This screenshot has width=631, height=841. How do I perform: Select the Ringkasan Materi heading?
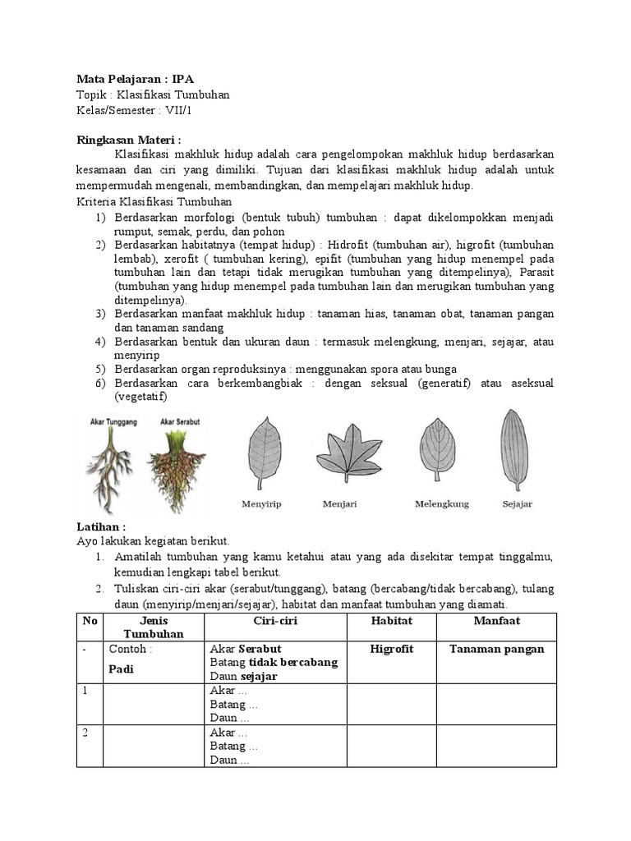(x=128, y=139)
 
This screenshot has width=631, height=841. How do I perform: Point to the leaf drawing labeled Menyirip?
(x=260, y=452)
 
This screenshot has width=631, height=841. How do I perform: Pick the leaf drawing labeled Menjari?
(x=348, y=452)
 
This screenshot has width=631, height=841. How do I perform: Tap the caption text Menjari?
(x=339, y=504)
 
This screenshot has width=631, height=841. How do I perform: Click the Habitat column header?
(x=391, y=621)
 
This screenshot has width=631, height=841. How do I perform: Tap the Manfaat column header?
(x=496, y=621)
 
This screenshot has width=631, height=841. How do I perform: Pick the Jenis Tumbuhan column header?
(x=154, y=627)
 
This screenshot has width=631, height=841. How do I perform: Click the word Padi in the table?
(x=122, y=669)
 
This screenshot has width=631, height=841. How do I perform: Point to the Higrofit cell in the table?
(x=391, y=649)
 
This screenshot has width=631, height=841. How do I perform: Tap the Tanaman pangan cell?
(x=496, y=649)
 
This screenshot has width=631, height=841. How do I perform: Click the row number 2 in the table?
(x=85, y=733)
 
